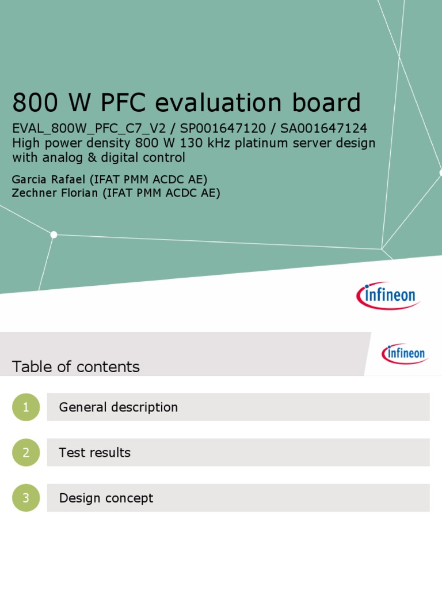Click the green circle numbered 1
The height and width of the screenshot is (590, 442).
26,407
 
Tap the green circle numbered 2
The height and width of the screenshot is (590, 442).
26,453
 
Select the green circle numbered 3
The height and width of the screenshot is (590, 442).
26,498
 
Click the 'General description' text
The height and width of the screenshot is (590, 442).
118,407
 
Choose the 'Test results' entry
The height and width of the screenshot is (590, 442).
94,453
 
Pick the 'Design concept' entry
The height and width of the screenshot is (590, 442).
106,498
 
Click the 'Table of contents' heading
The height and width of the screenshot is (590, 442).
75,367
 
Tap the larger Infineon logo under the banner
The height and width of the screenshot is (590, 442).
388,296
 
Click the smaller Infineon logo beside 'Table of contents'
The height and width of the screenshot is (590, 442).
405,353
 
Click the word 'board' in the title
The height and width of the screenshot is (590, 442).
330,103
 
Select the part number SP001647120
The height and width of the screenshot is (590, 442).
223,128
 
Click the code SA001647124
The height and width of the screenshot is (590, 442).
323,128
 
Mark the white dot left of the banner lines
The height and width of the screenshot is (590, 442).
54,235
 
